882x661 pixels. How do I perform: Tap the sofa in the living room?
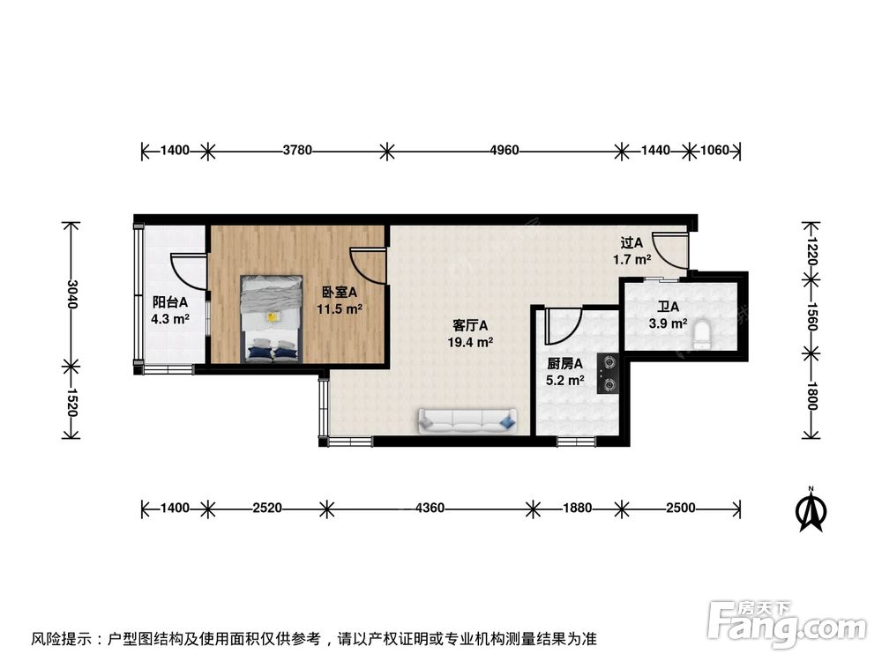tap(467, 421)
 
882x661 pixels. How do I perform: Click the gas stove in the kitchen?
tap(608, 373)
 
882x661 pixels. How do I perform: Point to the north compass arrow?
tap(811, 510)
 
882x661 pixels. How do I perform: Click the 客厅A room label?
tap(472, 325)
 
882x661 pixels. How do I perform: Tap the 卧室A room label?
tap(339, 293)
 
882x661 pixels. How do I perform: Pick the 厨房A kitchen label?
tap(565, 363)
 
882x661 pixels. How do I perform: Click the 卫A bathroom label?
tap(668, 308)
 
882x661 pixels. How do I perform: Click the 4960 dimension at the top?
tap(505, 151)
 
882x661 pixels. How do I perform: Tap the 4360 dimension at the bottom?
tap(430, 508)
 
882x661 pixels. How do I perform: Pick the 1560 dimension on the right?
tap(812, 316)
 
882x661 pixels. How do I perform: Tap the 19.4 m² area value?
tap(472, 342)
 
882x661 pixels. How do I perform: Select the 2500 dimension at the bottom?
tap(681, 508)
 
